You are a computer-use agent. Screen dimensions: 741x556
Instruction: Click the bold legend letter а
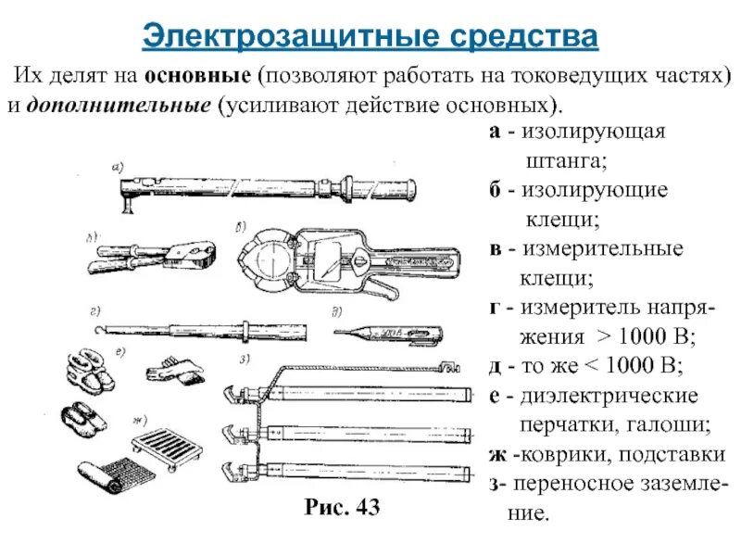click(496, 133)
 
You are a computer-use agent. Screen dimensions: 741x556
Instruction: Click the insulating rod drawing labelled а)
click(269, 185)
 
